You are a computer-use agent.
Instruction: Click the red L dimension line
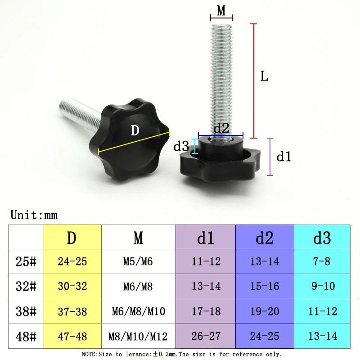(253, 81)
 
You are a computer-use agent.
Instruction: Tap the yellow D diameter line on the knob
(134, 142)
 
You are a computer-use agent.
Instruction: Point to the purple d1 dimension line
(270, 157)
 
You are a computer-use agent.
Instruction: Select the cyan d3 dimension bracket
(195, 146)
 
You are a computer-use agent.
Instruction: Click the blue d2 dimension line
(220, 135)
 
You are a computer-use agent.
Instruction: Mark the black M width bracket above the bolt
(221, 18)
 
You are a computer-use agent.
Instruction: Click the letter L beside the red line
(264, 76)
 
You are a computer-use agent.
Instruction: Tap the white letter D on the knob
(135, 130)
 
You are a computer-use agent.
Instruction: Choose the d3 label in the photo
(181, 146)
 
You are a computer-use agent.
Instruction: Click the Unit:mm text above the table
(34, 215)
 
